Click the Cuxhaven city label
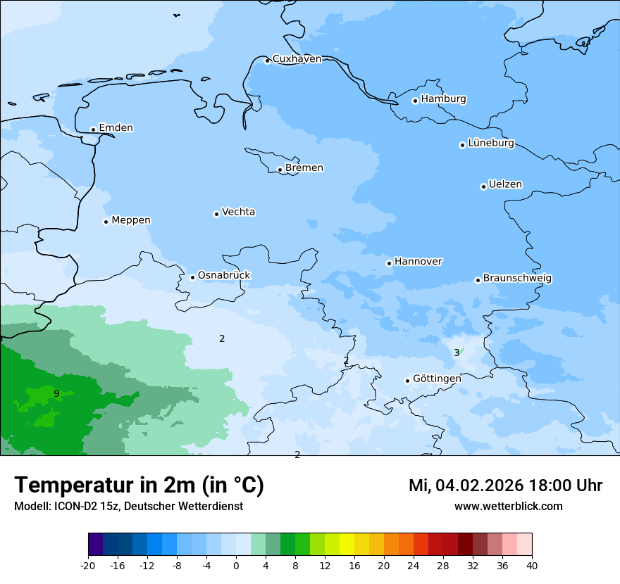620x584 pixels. click(x=297, y=59)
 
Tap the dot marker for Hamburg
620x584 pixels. click(x=415, y=101)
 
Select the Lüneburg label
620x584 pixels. click(x=491, y=144)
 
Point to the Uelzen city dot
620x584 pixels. click(x=483, y=186)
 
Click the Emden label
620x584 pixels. click(x=116, y=128)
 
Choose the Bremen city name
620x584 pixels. click(x=304, y=168)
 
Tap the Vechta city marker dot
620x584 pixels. click(x=216, y=214)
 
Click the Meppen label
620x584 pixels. click(x=131, y=220)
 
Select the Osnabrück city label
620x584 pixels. click(x=224, y=275)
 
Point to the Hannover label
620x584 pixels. click(x=418, y=262)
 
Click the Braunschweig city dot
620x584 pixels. click(x=478, y=280)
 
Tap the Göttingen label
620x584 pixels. click(x=437, y=379)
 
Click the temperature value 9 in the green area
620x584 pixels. click(x=56, y=393)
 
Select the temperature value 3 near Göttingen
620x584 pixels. click(x=457, y=353)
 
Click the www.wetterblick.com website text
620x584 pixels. click(x=508, y=506)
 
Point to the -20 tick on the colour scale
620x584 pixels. click(x=88, y=566)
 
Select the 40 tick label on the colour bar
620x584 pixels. click(x=532, y=566)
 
